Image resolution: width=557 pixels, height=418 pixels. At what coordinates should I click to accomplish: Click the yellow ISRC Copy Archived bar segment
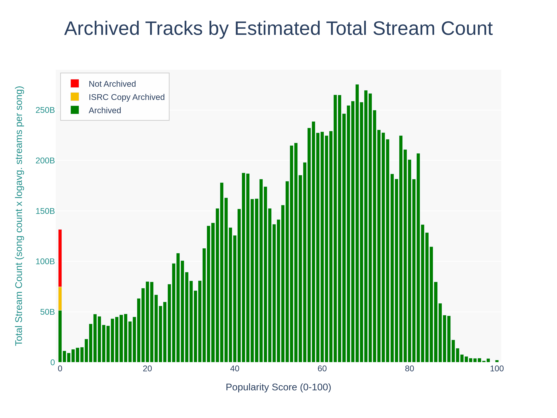click(x=60, y=298)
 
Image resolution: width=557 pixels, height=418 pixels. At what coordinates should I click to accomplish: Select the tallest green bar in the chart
click(x=357, y=227)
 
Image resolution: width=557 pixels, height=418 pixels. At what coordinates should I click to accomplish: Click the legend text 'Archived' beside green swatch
click(x=105, y=110)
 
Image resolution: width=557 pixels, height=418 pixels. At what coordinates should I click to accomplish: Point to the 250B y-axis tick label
click(x=45, y=110)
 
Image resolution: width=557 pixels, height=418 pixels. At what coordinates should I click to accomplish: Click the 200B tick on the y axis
click(x=45, y=161)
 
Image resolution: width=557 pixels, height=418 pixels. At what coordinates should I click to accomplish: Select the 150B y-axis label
click(x=45, y=211)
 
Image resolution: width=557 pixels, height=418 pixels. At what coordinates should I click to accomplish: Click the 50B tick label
click(x=47, y=312)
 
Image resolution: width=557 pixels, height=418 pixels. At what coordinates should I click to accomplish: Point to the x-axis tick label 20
click(x=147, y=369)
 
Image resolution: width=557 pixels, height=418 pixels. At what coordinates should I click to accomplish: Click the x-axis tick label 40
click(x=235, y=369)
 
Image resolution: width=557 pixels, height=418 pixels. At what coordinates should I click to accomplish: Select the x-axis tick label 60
click(x=322, y=369)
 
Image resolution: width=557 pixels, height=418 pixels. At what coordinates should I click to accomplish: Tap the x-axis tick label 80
click(x=409, y=369)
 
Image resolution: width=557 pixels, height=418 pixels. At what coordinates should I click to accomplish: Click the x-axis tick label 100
click(x=497, y=369)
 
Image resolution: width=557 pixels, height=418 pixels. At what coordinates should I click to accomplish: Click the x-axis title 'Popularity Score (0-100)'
click(x=278, y=387)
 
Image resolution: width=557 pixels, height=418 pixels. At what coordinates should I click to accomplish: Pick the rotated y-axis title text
click(x=19, y=216)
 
